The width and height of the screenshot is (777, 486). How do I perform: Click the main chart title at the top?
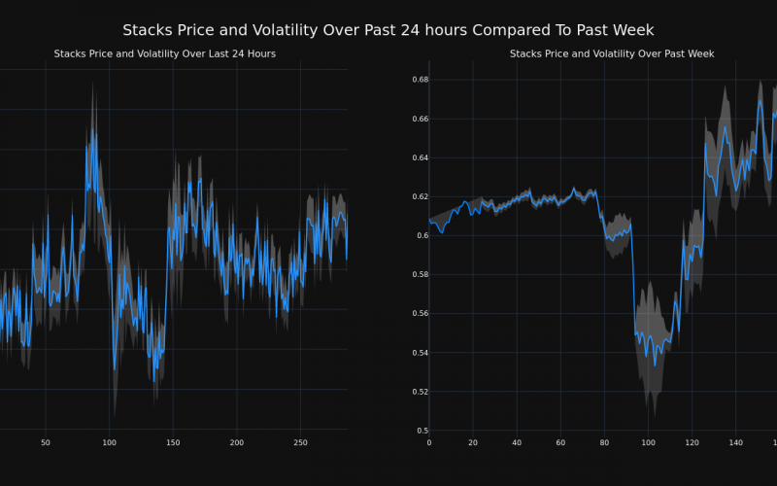[388, 30]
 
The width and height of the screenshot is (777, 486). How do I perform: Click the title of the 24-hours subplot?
[164, 53]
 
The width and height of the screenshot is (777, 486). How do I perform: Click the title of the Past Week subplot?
[612, 53]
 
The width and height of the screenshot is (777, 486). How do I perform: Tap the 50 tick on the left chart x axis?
[46, 443]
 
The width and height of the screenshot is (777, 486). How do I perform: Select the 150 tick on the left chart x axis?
[173, 443]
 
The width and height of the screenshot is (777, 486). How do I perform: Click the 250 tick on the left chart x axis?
[300, 443]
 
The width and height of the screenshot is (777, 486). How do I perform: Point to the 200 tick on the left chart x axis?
[237, 443]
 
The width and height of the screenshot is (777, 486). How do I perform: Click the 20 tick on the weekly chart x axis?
[473, 443]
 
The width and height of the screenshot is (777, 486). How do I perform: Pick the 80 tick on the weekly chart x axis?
[604, 443]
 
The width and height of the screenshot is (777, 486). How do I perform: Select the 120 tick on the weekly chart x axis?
[692, 443]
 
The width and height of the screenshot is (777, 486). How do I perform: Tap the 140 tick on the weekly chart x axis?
[735, 443]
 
